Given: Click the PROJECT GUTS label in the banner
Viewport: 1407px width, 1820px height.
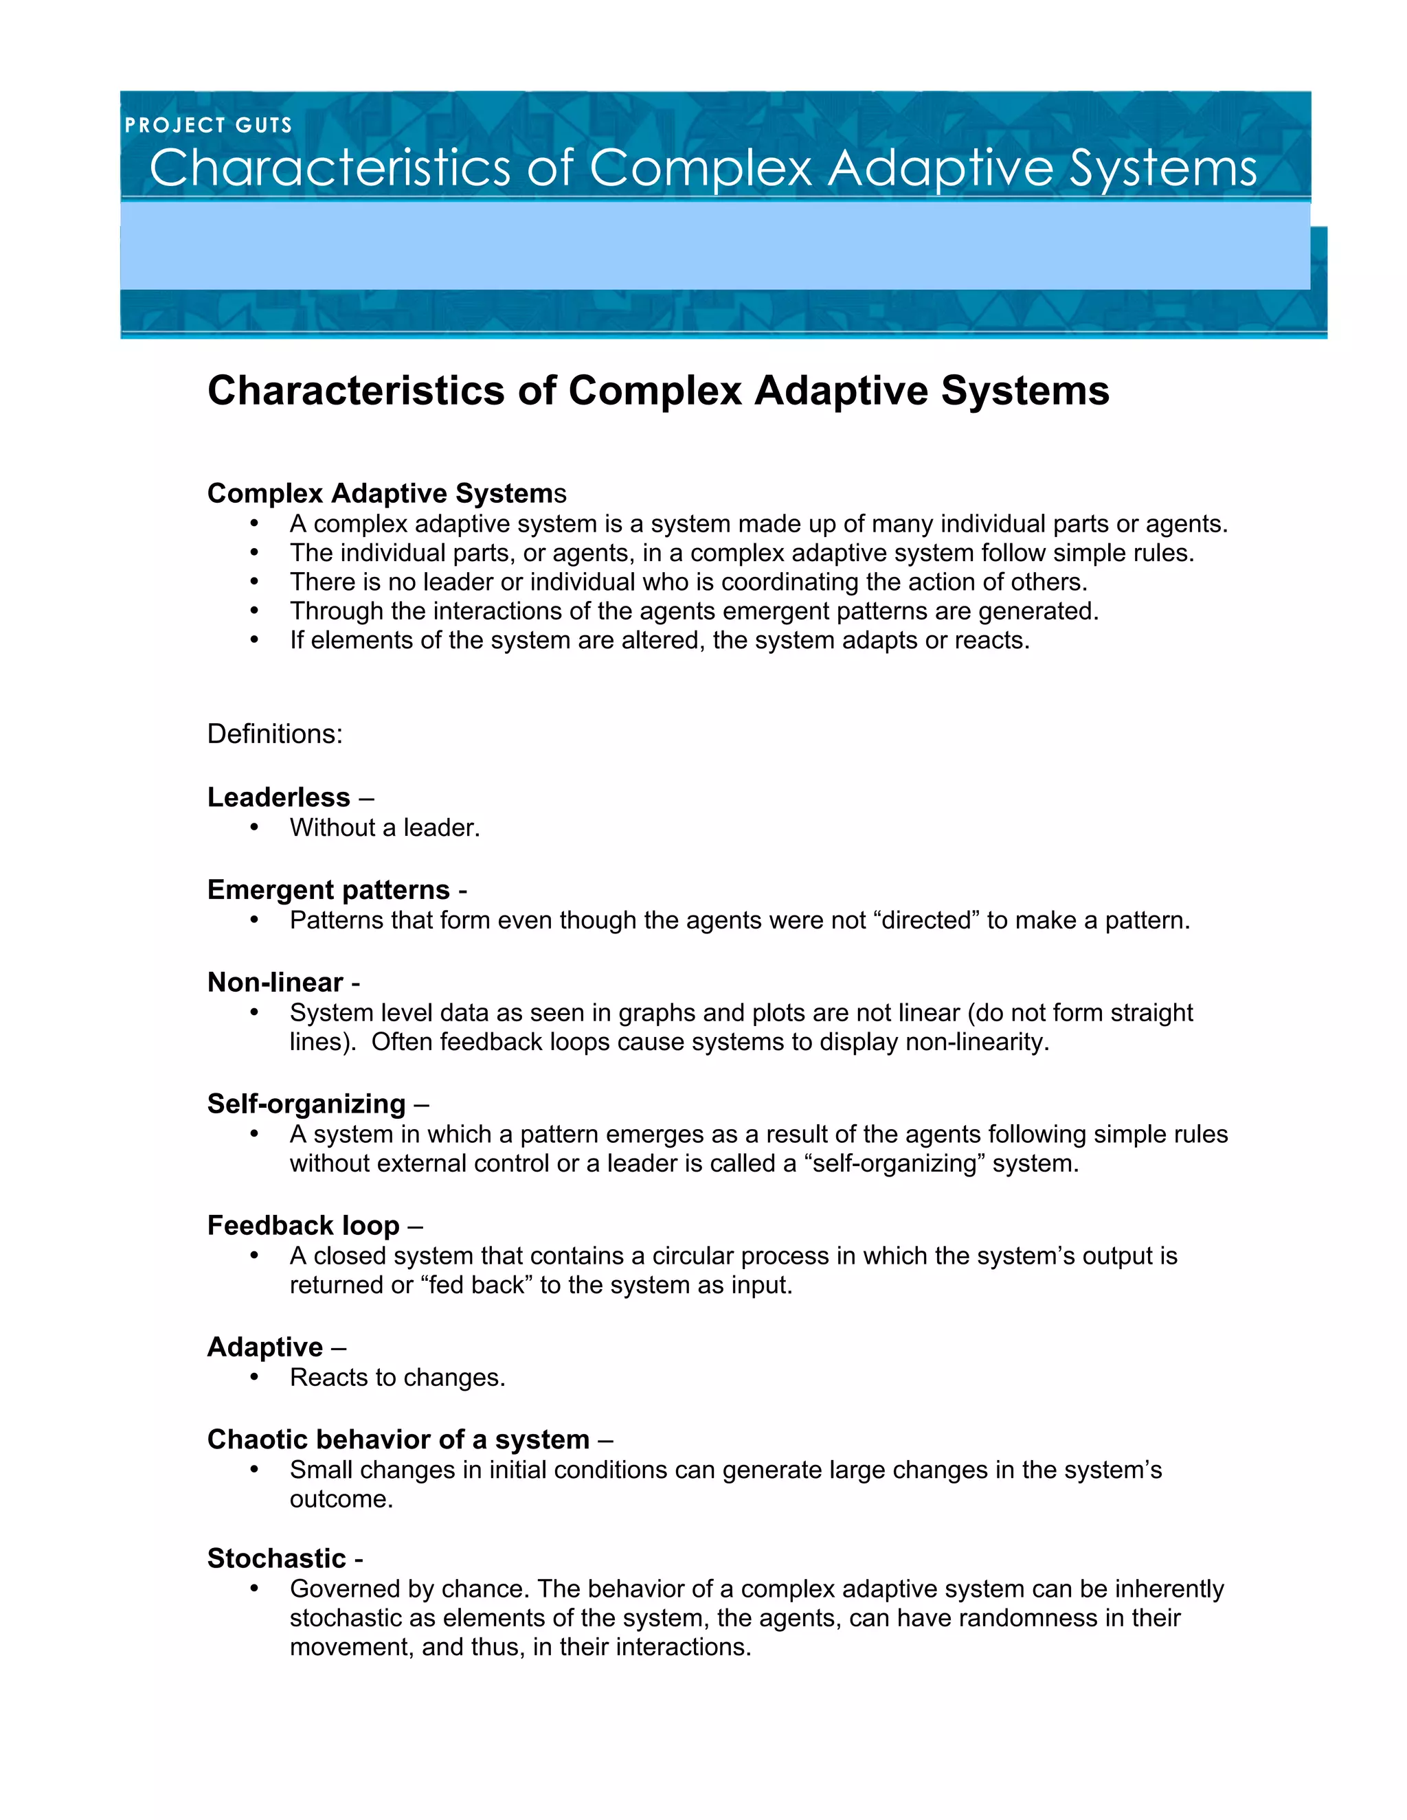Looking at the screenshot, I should pyautogui.click(x=208, y=125).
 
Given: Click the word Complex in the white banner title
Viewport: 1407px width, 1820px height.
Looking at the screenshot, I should pyautogui.click(x=700, y=168).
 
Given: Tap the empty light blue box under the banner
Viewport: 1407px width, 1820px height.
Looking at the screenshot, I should pyautogui.click(x=714, y=247).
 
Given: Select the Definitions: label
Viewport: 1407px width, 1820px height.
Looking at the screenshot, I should pyautogui.click(x=274, y=734).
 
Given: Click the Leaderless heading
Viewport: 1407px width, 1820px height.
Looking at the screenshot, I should pyautogui.click(x=278, y=797).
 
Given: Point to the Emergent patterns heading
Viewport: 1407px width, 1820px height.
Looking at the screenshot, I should pyautogui.click(x=328, y=890).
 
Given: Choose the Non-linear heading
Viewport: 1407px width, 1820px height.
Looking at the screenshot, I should pyautogui.click(x=275, y=983).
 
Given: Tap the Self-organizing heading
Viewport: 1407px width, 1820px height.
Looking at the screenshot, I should pyautogui.click(x=306, y=1104).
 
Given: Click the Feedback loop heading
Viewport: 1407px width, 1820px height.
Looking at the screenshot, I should pyautogui.click(x=304, y=1226).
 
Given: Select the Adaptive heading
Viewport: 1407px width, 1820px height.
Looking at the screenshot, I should pyautogui.click(x=265, y=1347).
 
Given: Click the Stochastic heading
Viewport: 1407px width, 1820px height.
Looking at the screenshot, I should pyautogui.click(x=276, y=1558).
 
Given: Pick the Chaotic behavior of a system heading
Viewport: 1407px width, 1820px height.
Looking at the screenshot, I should pyautogui.click(x=398, y=1440).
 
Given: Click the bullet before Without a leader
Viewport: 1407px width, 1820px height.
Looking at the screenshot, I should pyautogui.click(x=254, y=828).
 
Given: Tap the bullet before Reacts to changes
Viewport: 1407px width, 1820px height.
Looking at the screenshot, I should pyautogui.click(x=254, y=1378).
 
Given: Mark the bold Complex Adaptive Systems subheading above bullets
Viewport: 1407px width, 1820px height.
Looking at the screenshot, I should pyautogui.click(x=386, y=493).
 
